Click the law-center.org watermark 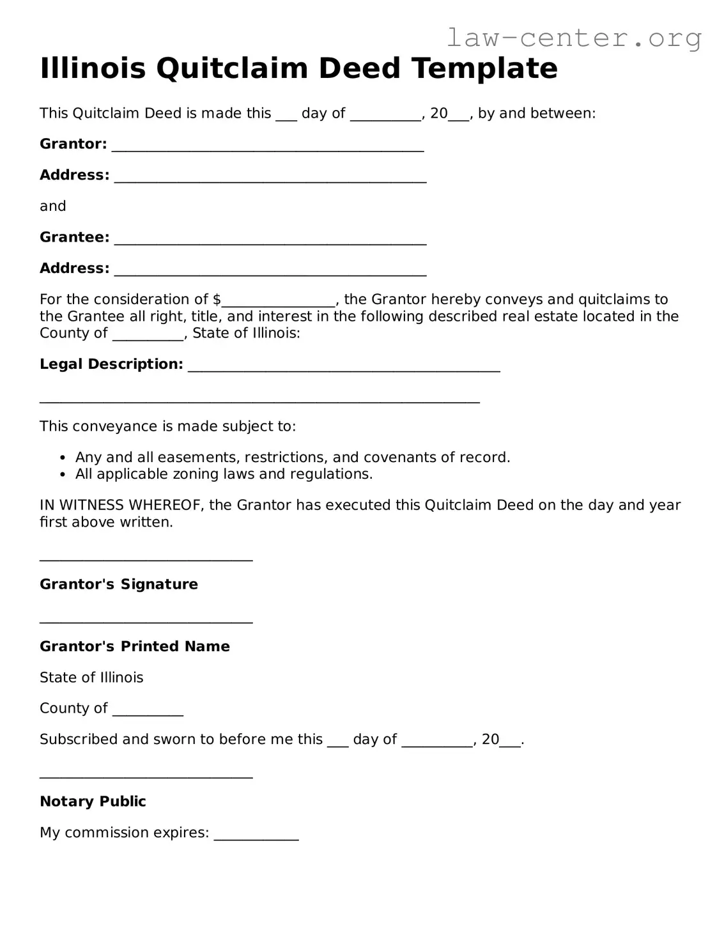pos(573,38)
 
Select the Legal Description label pos(111,364)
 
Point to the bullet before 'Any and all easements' pos(62,458)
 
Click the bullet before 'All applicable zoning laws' pos(62,474)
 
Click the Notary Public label pos(93,801)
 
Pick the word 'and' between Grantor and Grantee pos(53,206)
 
